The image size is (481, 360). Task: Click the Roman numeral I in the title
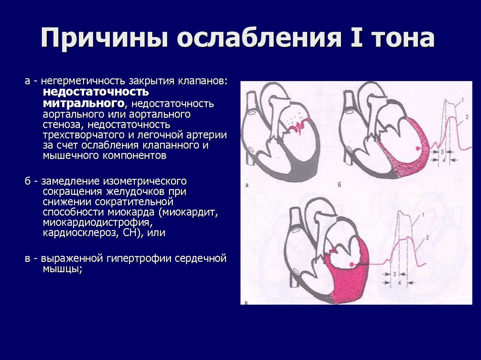[x=350, y=38]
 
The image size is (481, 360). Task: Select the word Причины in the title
[x=103, y=39]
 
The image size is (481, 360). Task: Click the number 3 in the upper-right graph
[x=442, y=152]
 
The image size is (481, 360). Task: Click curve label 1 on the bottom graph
[x=423, y=214]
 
